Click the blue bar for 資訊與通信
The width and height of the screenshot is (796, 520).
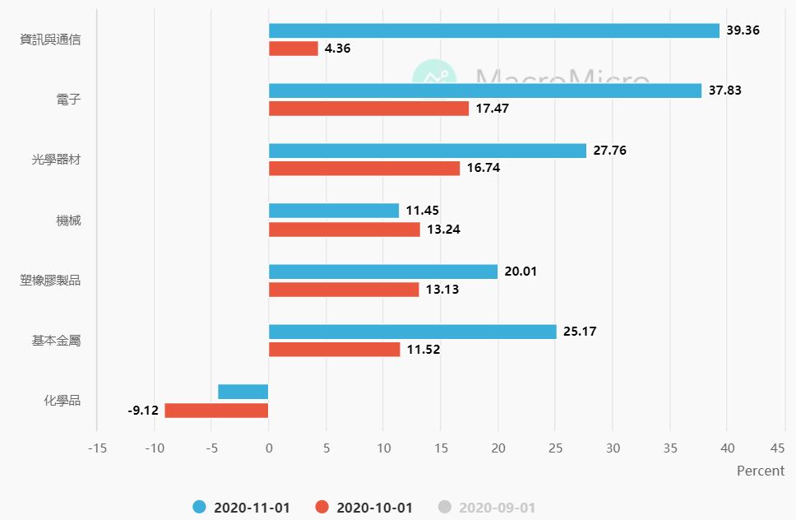493,30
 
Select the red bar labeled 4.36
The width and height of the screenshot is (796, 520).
294,49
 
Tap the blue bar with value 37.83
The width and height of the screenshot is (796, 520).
485,91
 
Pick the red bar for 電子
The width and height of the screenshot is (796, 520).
368,109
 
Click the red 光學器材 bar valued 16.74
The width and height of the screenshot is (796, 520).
364,168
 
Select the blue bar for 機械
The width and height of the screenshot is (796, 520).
334,211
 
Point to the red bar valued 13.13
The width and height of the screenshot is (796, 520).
344,290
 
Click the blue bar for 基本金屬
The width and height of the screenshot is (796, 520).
413,332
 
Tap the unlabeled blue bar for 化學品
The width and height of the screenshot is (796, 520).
243,392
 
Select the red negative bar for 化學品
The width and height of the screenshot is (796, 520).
216,410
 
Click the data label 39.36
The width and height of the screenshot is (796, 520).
743,30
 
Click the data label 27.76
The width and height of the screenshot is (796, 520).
609,151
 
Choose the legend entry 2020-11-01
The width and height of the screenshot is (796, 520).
242,508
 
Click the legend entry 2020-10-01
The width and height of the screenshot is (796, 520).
364,508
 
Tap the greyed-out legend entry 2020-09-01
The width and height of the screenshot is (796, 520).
487,508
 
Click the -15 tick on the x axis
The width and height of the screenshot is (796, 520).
97,448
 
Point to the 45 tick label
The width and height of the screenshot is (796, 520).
778,448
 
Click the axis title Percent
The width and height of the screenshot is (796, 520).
761,471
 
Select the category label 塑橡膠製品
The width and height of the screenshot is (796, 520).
50,281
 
